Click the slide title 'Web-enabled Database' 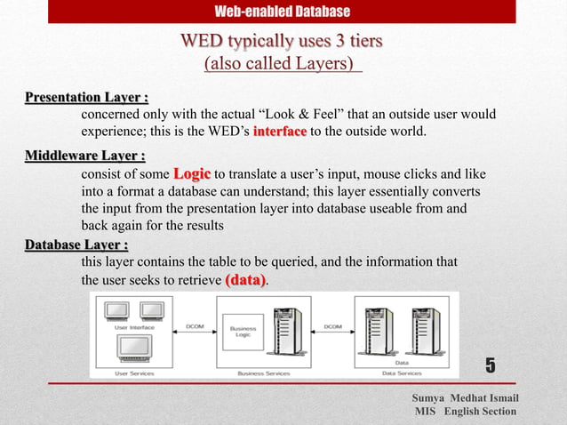tap(283, 12)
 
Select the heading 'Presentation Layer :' tap(86, 97)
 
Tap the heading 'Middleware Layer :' tap(84, 156)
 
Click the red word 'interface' tap(280, 132)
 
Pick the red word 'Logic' tap(192, 173)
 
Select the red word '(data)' tap(245, 280)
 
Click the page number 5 tap(490, 365)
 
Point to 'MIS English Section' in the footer tap(465, 412)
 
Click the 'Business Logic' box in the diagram tap(243, 330)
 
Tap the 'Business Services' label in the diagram tap(263, 373)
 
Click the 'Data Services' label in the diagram tap(402, 373)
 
